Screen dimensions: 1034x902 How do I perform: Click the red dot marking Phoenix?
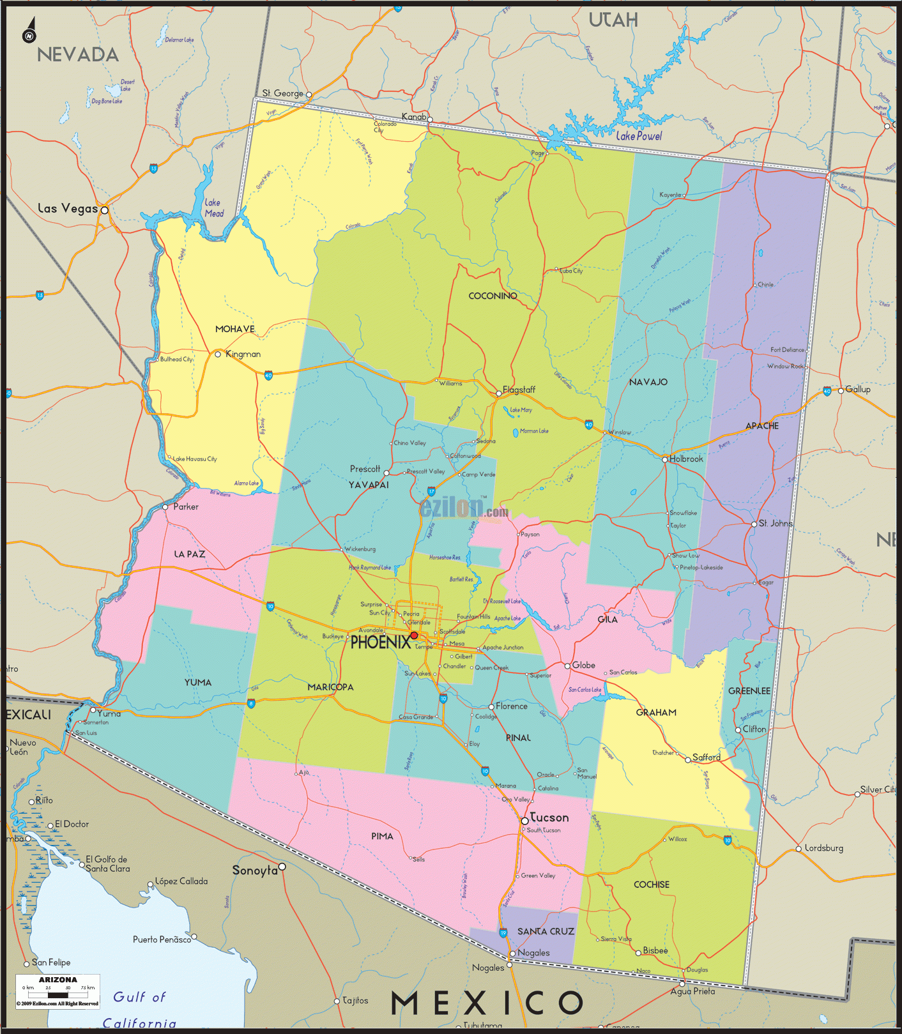coord(414,635)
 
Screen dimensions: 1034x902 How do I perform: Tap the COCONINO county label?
coord(493,296)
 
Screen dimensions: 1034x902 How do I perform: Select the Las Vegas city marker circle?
coord(105,209)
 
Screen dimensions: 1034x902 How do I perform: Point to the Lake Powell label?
coord(639,136)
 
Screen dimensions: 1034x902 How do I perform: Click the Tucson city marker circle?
coord(525,821)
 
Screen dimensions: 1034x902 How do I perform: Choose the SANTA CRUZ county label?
coord(546,931)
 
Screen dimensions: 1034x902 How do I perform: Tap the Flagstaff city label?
coord(519,390)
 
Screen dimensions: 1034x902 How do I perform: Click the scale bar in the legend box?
coord(57,995)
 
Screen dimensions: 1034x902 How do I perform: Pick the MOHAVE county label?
coord(234,329)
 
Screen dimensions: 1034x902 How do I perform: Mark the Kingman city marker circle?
coord(218,354)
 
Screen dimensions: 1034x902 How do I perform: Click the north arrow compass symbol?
coord(29,33)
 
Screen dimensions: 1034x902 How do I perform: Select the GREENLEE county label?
coord(749,691)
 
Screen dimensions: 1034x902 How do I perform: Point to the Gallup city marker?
coord(841,391)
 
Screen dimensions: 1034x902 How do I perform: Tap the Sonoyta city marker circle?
coord(282,867)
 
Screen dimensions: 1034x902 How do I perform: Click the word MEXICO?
coord(487,1003)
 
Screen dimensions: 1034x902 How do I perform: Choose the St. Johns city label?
coord(776,523)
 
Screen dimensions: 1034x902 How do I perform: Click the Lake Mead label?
coord(214,208)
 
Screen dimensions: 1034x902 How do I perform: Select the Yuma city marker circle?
coord(93,710)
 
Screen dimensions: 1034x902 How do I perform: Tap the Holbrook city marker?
coord(664,459)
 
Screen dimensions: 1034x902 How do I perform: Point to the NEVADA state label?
coord(78,55)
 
